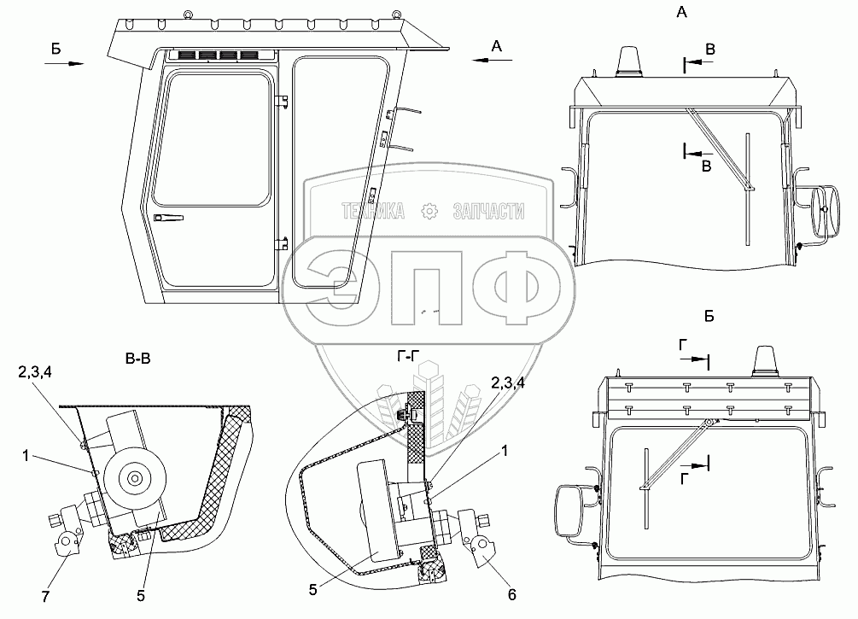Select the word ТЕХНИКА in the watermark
point(374,210)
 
